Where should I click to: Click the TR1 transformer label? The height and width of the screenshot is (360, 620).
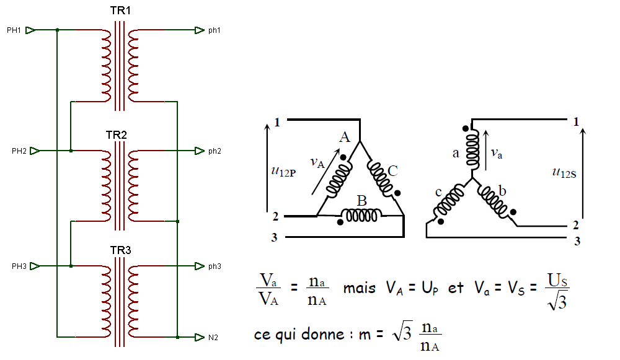click(120, 11)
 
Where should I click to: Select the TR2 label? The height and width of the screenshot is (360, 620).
click(117, 134)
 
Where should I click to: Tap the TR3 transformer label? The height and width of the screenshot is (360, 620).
click(121, 250)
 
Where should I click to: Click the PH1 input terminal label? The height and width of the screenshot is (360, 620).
click(14, 30)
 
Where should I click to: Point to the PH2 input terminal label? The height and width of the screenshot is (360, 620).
click(19, 151)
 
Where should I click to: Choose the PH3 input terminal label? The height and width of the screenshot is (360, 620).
click(19, 266)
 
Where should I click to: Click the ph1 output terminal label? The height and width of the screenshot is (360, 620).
click(215, 30)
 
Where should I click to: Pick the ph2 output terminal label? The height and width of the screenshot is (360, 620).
click(215, 151)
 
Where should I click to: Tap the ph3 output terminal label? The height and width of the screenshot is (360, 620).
click(215, 266)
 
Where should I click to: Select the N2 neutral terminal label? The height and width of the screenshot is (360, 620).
click(213, 338)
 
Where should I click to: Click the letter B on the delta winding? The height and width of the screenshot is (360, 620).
click(362, 201)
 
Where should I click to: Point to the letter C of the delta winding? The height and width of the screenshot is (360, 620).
click(392, 171)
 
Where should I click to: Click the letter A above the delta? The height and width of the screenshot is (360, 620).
click(345, 137)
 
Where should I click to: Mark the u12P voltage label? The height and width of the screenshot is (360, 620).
click(283, 171)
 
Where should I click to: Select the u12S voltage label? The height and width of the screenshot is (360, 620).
click(564, 172)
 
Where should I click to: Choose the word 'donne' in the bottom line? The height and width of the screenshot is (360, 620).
click(323, 335)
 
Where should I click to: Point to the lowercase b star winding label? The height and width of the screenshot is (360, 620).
click(502, 191)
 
